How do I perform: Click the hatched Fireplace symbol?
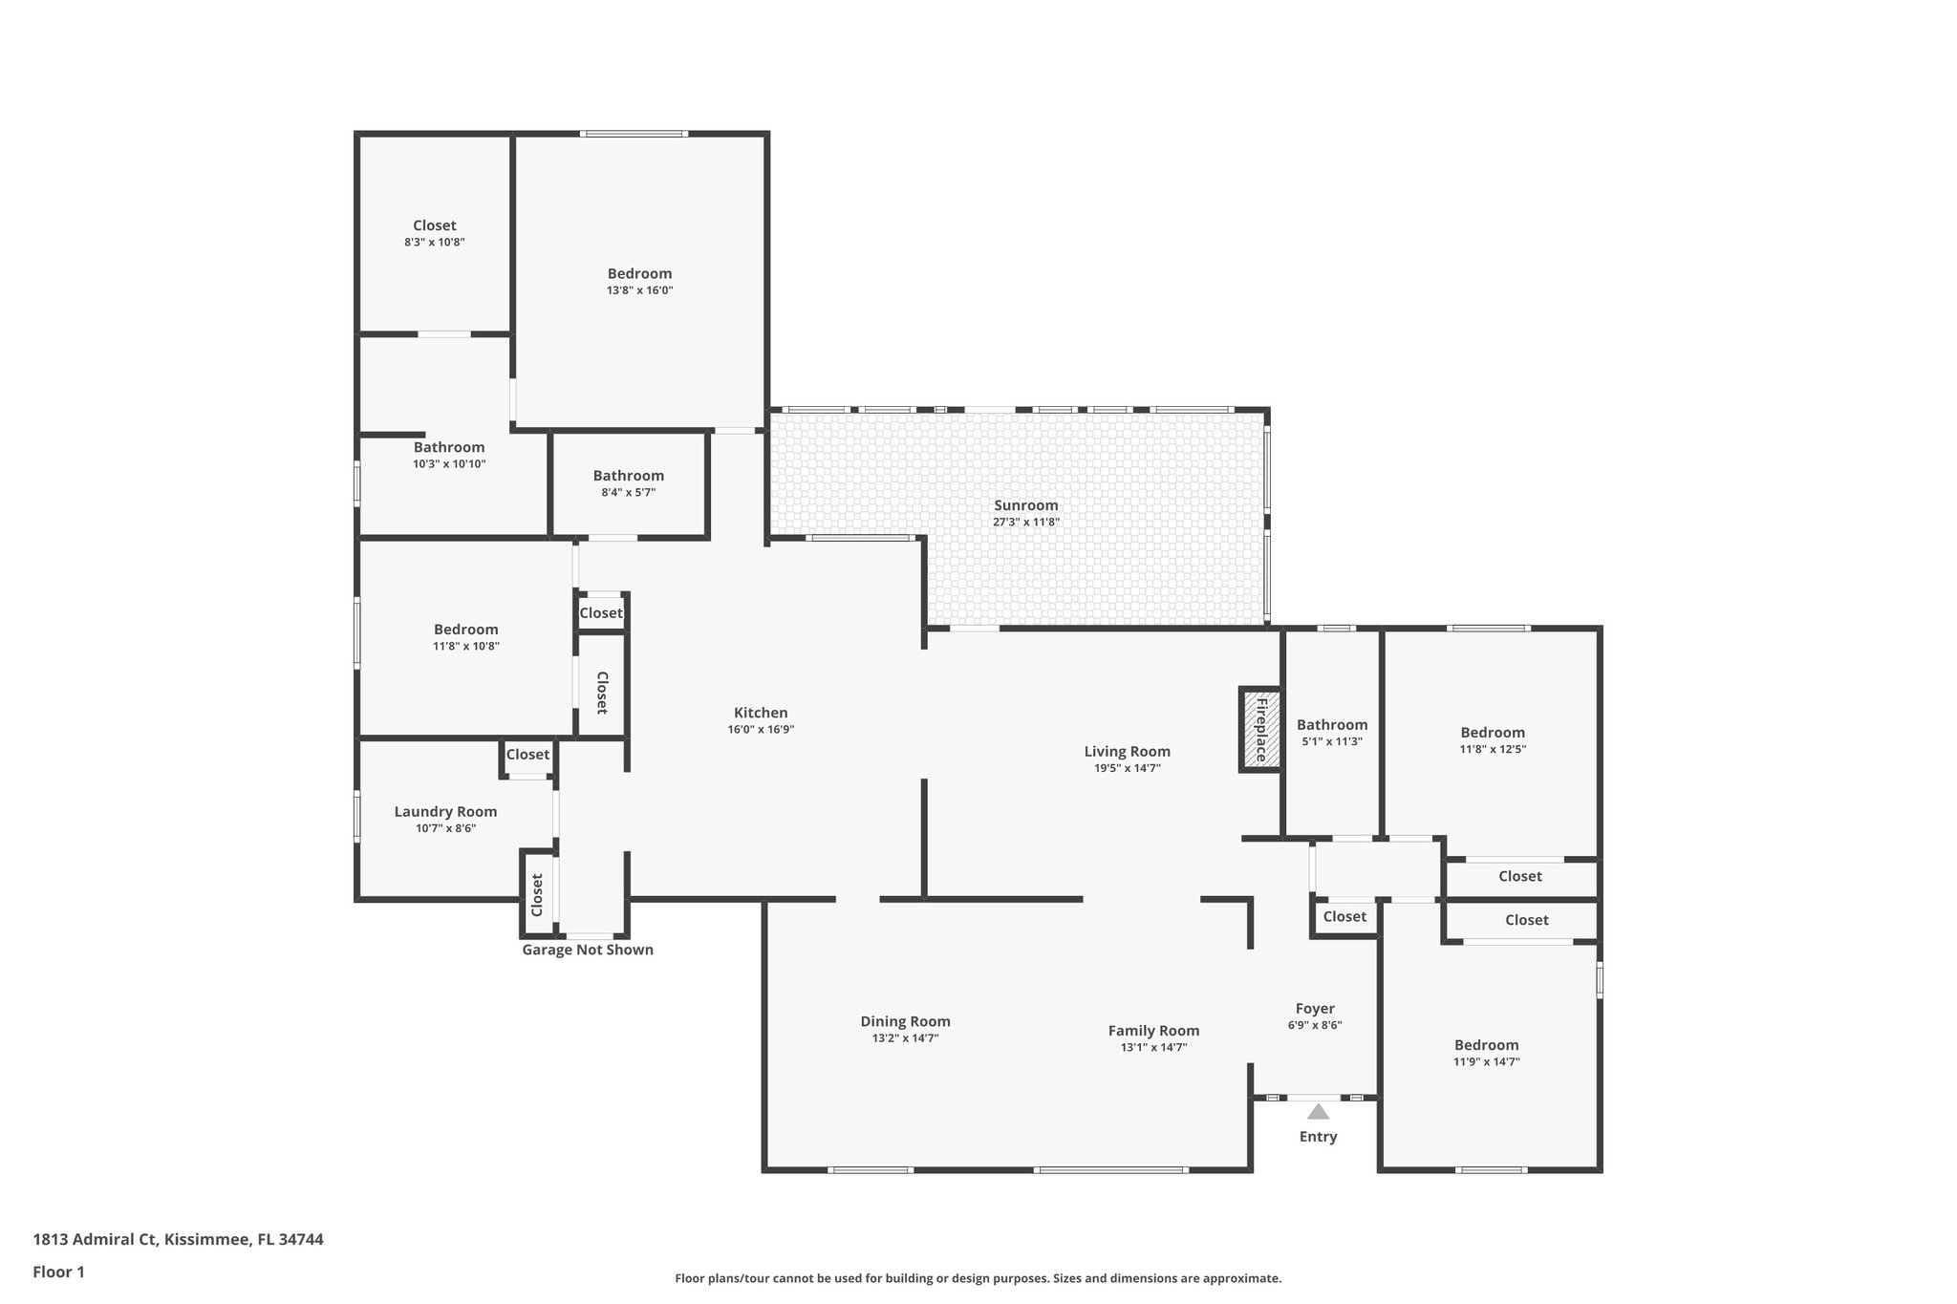click(1260, 729)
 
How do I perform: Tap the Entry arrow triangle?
click(1318, 1112)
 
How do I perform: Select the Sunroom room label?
click(1025, 505)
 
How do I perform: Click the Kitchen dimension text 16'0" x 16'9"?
click(761, 730)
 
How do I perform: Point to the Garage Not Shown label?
click(587, 950)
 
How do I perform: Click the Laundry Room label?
click(445, 812)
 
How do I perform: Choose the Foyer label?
click(1314, 1009)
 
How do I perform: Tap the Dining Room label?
click(905, 1021)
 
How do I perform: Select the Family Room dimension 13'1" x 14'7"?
click(1153, 1047)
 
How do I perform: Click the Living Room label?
click(1127, 752)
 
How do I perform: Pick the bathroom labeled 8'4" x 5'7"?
click(628, 476)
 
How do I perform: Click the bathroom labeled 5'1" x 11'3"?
click(1331, 725)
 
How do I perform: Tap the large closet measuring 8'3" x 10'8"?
click(434, 225)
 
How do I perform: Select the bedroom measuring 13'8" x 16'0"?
click(639, 274)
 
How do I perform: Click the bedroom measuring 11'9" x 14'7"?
click(1486, 1045)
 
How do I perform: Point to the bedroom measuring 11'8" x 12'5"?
click(1492, 733)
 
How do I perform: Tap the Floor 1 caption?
click(58, 1272)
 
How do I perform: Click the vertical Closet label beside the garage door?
click(537, 894)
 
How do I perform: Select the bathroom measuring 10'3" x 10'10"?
click(448, 447)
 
